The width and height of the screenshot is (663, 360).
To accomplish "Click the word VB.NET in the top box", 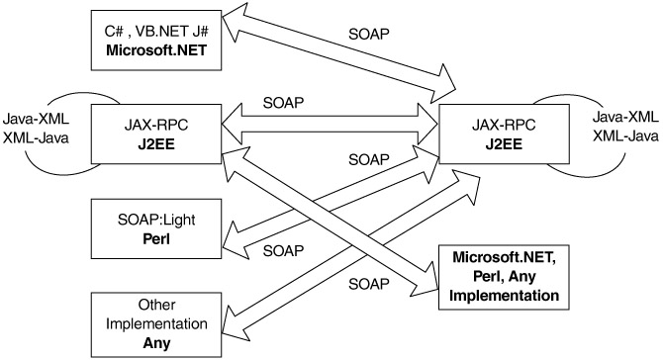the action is click(161, 32).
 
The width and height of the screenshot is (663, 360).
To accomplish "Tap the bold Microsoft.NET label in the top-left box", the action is click(156, 50).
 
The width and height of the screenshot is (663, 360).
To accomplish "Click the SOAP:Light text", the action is click(156, 220).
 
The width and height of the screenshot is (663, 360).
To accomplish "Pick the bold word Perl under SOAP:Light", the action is click(156, 238).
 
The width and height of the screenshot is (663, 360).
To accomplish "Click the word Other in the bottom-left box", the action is click(156, 305).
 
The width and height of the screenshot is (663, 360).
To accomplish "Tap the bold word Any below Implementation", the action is click(156, 342).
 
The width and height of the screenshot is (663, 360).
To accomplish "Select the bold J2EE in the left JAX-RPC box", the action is click(156, 144).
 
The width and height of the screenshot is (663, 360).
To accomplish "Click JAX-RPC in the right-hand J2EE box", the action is click(504, 125).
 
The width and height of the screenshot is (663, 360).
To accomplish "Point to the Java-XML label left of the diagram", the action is click(36, 119).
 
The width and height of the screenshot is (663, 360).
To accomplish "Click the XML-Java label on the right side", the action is click(625, 135).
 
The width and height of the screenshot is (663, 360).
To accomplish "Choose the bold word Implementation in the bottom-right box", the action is click(504, 295).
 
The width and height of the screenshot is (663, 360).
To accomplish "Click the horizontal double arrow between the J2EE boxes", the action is click(330, 125).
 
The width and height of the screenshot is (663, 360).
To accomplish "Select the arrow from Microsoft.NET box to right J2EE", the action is click(339, 52).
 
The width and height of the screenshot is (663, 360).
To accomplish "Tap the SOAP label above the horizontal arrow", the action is click(283, 103).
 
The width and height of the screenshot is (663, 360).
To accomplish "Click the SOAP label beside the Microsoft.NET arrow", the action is click(369, 34).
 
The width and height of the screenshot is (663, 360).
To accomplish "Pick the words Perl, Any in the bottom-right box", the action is click(504, 276).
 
